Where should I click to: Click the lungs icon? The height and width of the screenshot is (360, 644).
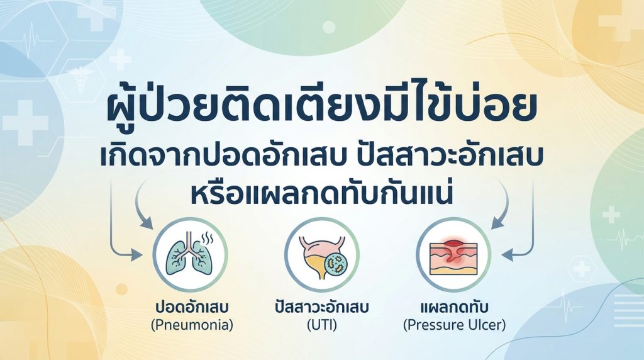point(190,254)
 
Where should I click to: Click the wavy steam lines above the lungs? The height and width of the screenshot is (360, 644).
point(206,237)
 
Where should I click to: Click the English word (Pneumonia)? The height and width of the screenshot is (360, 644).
point(192,325)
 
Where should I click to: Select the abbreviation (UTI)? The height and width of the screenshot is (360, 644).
point(321,325)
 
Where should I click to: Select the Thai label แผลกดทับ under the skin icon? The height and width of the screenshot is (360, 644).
point(454,307)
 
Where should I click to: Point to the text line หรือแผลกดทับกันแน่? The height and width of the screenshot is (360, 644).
point(321,194)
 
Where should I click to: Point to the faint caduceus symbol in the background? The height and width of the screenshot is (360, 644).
point(81,78)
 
